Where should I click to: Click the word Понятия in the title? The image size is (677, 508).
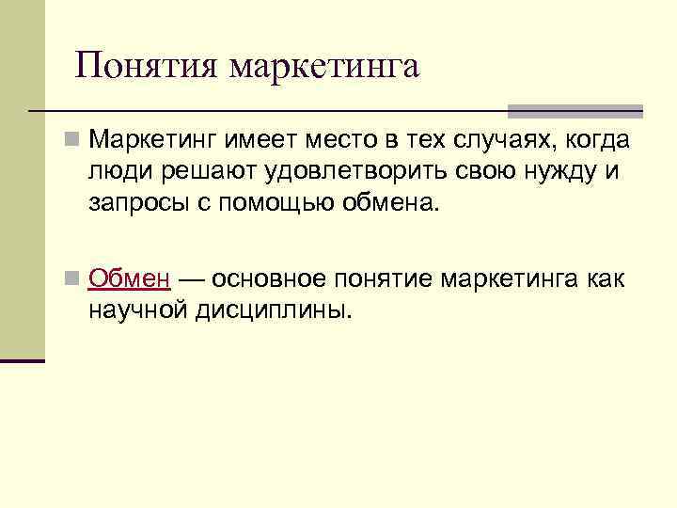point(147,66)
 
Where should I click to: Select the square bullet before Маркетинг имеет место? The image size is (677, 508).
point(71,142)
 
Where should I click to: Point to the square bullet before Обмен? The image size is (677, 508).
point(71,279)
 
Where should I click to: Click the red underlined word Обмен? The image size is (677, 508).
point(129,278)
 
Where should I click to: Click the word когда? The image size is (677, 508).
point(596,141)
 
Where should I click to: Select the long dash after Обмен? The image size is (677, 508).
point(194,278)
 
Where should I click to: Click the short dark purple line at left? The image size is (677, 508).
point(22,360)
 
